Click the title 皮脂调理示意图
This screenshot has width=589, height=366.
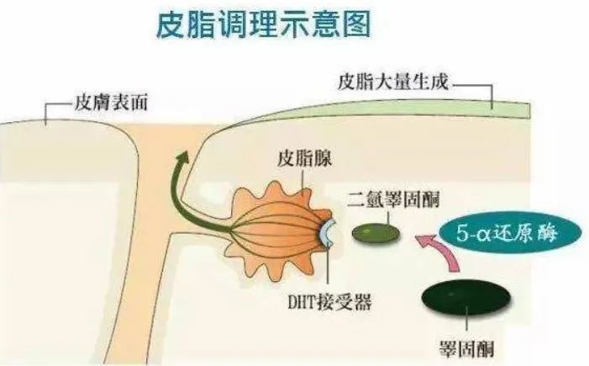coord(264,24)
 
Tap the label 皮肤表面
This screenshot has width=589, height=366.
coord(111,103)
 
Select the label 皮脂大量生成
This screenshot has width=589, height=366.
coord(393,81)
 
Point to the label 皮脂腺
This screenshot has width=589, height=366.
coord(304,158)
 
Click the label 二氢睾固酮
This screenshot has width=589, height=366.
coord(393,199)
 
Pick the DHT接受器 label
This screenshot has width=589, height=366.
coord(329,302)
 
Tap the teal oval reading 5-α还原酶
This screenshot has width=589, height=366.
coord(511,233)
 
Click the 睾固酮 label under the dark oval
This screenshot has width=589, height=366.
coord(466,348)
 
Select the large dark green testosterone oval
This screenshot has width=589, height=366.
coord(466,296)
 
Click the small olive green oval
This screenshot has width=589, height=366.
coord(376,233)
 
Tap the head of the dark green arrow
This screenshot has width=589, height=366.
coord(183,156)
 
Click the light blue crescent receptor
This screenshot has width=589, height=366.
coord(327,233)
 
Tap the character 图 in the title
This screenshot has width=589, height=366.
coord(357,24)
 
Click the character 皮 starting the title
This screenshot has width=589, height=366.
coord(171,24)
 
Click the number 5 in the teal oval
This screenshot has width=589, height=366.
coord(461,233)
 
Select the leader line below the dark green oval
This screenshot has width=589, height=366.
coord(466,323)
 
